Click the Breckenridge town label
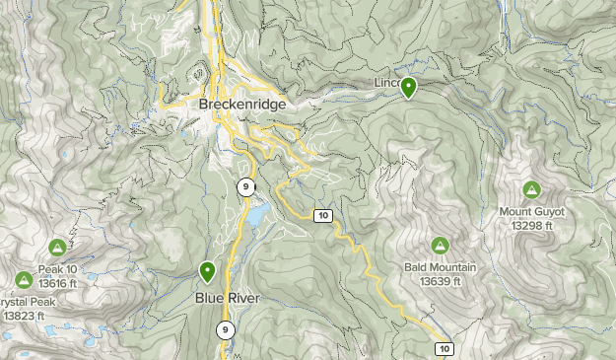tap(241, 104)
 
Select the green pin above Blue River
tap(208, 270)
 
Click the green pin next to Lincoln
tap(408, 88)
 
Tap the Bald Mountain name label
tap(440, 267)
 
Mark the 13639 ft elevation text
tap(440, 281)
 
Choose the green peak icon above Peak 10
tap(56, 248)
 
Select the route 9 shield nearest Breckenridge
tap(244, 186)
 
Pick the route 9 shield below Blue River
tap(226, 330)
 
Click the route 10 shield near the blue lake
tap(321, 215)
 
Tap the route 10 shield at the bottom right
tap(445, 348)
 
